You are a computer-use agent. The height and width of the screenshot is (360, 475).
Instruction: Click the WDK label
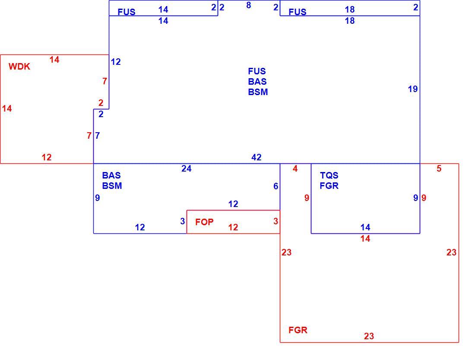click(19, 67)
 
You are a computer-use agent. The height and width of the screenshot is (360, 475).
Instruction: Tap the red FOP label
click(204, 222)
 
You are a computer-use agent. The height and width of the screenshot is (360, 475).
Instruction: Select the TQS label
click(329, 175)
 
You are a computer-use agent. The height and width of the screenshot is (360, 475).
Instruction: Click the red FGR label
click(298, 330)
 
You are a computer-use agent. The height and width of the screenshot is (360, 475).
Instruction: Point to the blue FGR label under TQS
click(329, 185)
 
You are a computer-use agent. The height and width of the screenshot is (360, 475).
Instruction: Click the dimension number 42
click(256, 157)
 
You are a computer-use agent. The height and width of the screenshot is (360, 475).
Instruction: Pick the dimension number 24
click(186, 169)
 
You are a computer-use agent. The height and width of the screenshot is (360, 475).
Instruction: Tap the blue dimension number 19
click(412, 89)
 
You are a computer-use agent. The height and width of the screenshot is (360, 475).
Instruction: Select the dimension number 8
click(248, 5)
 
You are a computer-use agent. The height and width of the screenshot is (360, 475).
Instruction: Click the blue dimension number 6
click(275, 186)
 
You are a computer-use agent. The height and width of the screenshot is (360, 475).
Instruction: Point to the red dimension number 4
click(295, 169)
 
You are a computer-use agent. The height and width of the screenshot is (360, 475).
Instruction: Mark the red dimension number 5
click(439, 169)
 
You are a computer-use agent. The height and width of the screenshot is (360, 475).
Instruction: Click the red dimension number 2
click(101, 103)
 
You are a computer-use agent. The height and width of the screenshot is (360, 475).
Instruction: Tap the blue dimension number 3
click(182, 221)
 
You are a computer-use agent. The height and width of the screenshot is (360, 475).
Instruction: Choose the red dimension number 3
click(275, 221)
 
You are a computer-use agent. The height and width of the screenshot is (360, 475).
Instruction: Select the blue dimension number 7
click(97, 136)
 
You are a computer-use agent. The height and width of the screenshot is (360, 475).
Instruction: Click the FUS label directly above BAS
click(257, 71)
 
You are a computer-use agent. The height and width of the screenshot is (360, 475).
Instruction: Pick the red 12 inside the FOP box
click(233, 227)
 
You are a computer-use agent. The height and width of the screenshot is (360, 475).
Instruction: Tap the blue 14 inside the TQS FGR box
click(365, 227)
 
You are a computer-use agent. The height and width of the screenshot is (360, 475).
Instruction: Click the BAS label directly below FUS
click(257, 82)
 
